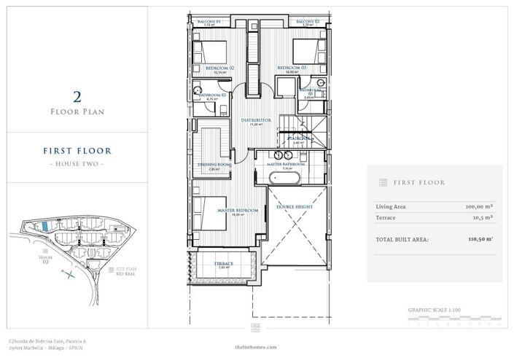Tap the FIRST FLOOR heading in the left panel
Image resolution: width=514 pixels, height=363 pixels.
[77, 152]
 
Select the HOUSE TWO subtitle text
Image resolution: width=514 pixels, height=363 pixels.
[77, 164]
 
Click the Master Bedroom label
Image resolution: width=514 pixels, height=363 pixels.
[238, 210]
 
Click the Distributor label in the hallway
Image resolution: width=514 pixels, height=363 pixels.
[256, 120]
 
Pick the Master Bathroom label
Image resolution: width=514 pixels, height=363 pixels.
[287, 165]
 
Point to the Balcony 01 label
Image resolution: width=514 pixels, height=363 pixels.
[209, 22]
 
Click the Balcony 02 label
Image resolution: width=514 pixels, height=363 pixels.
[308, 22]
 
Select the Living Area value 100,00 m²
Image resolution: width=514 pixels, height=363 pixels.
[479, 206]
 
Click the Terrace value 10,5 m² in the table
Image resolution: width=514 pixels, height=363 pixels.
[482, 217]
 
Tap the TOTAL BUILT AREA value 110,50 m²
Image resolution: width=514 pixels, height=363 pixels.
[479, 238]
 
